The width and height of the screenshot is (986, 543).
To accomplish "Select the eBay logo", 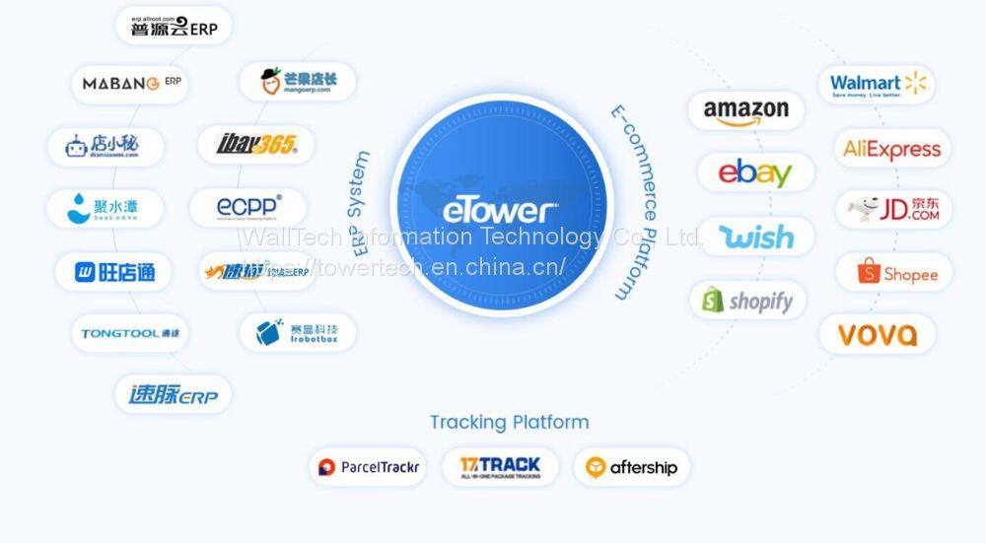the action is pos(755,172).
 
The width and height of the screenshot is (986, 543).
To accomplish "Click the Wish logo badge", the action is pos(756,237).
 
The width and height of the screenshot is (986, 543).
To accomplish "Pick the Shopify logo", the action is pos(748,301).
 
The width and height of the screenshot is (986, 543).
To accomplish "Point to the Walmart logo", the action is pos(878,85).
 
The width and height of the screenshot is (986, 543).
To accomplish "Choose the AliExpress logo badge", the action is pos(892,149).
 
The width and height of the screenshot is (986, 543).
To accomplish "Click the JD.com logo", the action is pos(893,210).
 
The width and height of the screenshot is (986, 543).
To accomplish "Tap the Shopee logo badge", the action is pos(894,273).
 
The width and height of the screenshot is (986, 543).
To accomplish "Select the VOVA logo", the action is pos(878,335).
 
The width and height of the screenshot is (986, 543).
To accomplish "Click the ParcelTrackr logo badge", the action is pos(367,467).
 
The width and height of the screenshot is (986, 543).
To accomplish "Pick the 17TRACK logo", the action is pos(500,467).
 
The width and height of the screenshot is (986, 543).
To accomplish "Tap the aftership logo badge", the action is pos(631,467).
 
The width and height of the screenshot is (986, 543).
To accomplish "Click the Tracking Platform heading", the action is pos(509,422).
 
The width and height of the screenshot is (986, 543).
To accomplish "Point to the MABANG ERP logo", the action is pos(129,85).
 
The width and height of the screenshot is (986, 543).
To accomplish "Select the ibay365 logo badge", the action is pos(255,145).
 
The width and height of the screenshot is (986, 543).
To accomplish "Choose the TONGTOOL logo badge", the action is pos(130,333).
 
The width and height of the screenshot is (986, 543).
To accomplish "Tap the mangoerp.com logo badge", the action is pos(297,82).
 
